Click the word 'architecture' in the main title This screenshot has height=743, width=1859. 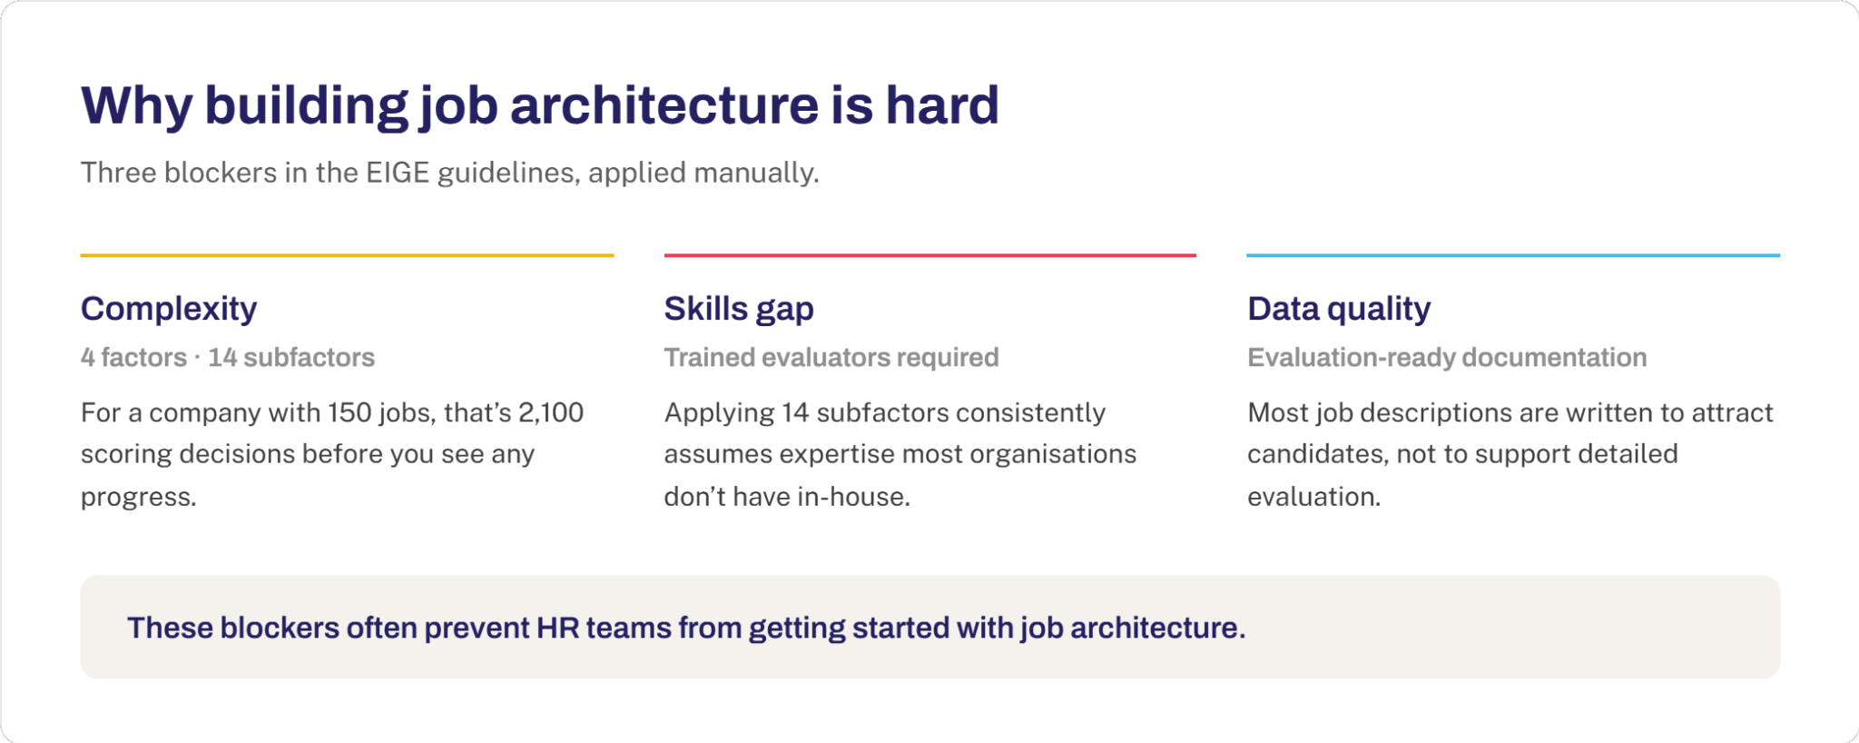tap(664, 105)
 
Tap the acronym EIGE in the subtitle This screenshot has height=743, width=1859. tap(398, 173)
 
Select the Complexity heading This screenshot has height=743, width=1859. tap(169, 309)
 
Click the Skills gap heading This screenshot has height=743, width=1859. tap(739, 309)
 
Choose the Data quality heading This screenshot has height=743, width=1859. tap(1339, 309)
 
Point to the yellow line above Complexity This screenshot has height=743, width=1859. tap(348, 255)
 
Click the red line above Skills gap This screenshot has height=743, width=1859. tap(930, 255)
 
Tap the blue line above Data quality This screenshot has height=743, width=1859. tap(1513, 255)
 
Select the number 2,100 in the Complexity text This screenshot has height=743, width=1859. tap(551, 413)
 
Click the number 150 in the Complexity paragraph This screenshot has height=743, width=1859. tap(350, 412)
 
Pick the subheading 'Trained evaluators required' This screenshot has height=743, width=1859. tap(831, 358)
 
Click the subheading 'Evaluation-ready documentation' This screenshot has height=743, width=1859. tap(1447, 358)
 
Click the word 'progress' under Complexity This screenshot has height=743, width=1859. tap(136, 498)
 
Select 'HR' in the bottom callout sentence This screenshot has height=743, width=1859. tap(558, 628)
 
